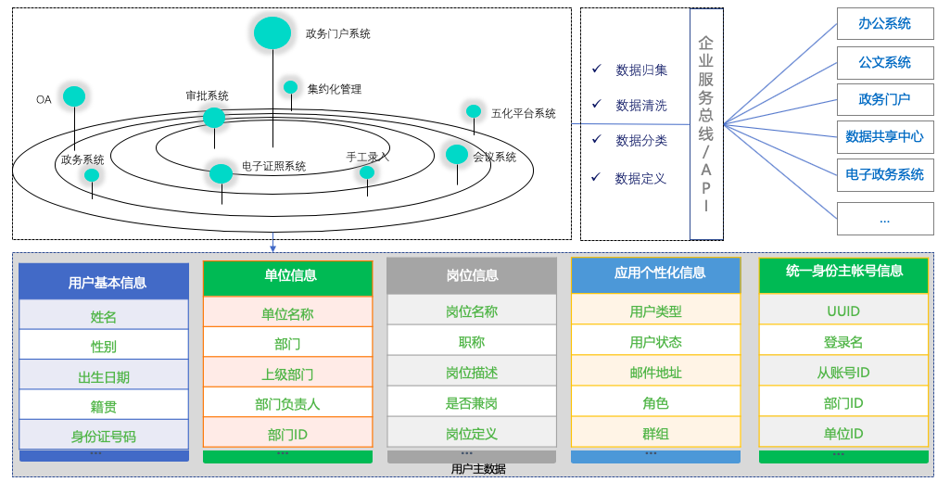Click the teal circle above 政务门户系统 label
pos(272,32)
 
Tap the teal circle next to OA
pos(74,96)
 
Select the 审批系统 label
pos(207,95)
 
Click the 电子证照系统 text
pos(273,167)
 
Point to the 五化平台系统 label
pos(524,114)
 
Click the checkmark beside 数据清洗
pos(596,105)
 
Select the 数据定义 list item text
pos(640,178)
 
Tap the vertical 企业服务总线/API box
pos(706,124)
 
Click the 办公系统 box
pos(884,24)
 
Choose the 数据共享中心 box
pos(884,137)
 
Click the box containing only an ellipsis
pos(884,219)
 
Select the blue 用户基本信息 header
pos(104,282)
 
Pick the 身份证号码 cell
pos(104,436)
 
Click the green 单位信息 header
pos(287,276)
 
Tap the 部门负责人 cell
pos(287,404)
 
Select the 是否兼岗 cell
pos(472,403)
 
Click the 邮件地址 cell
pos(655,373)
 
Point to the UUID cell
pos(843,311)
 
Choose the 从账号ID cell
pos(843,373)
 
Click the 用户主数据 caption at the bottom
pos(478,469)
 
